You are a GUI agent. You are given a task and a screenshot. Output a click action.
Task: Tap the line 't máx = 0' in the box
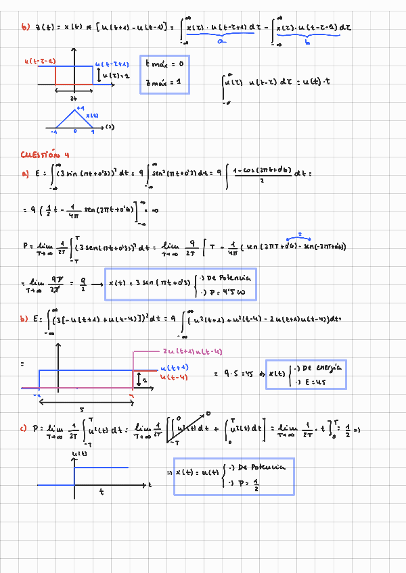(164, 64)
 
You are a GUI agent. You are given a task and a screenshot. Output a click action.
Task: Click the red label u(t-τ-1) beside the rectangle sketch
(40, 61)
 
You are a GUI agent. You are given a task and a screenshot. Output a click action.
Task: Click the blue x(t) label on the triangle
(92, 116)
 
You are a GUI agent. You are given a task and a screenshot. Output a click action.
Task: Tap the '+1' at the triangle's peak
(80, 108)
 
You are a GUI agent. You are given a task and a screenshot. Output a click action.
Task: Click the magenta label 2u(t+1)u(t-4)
(193, 352)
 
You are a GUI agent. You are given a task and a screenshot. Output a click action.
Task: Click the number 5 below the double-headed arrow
(83, 409)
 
